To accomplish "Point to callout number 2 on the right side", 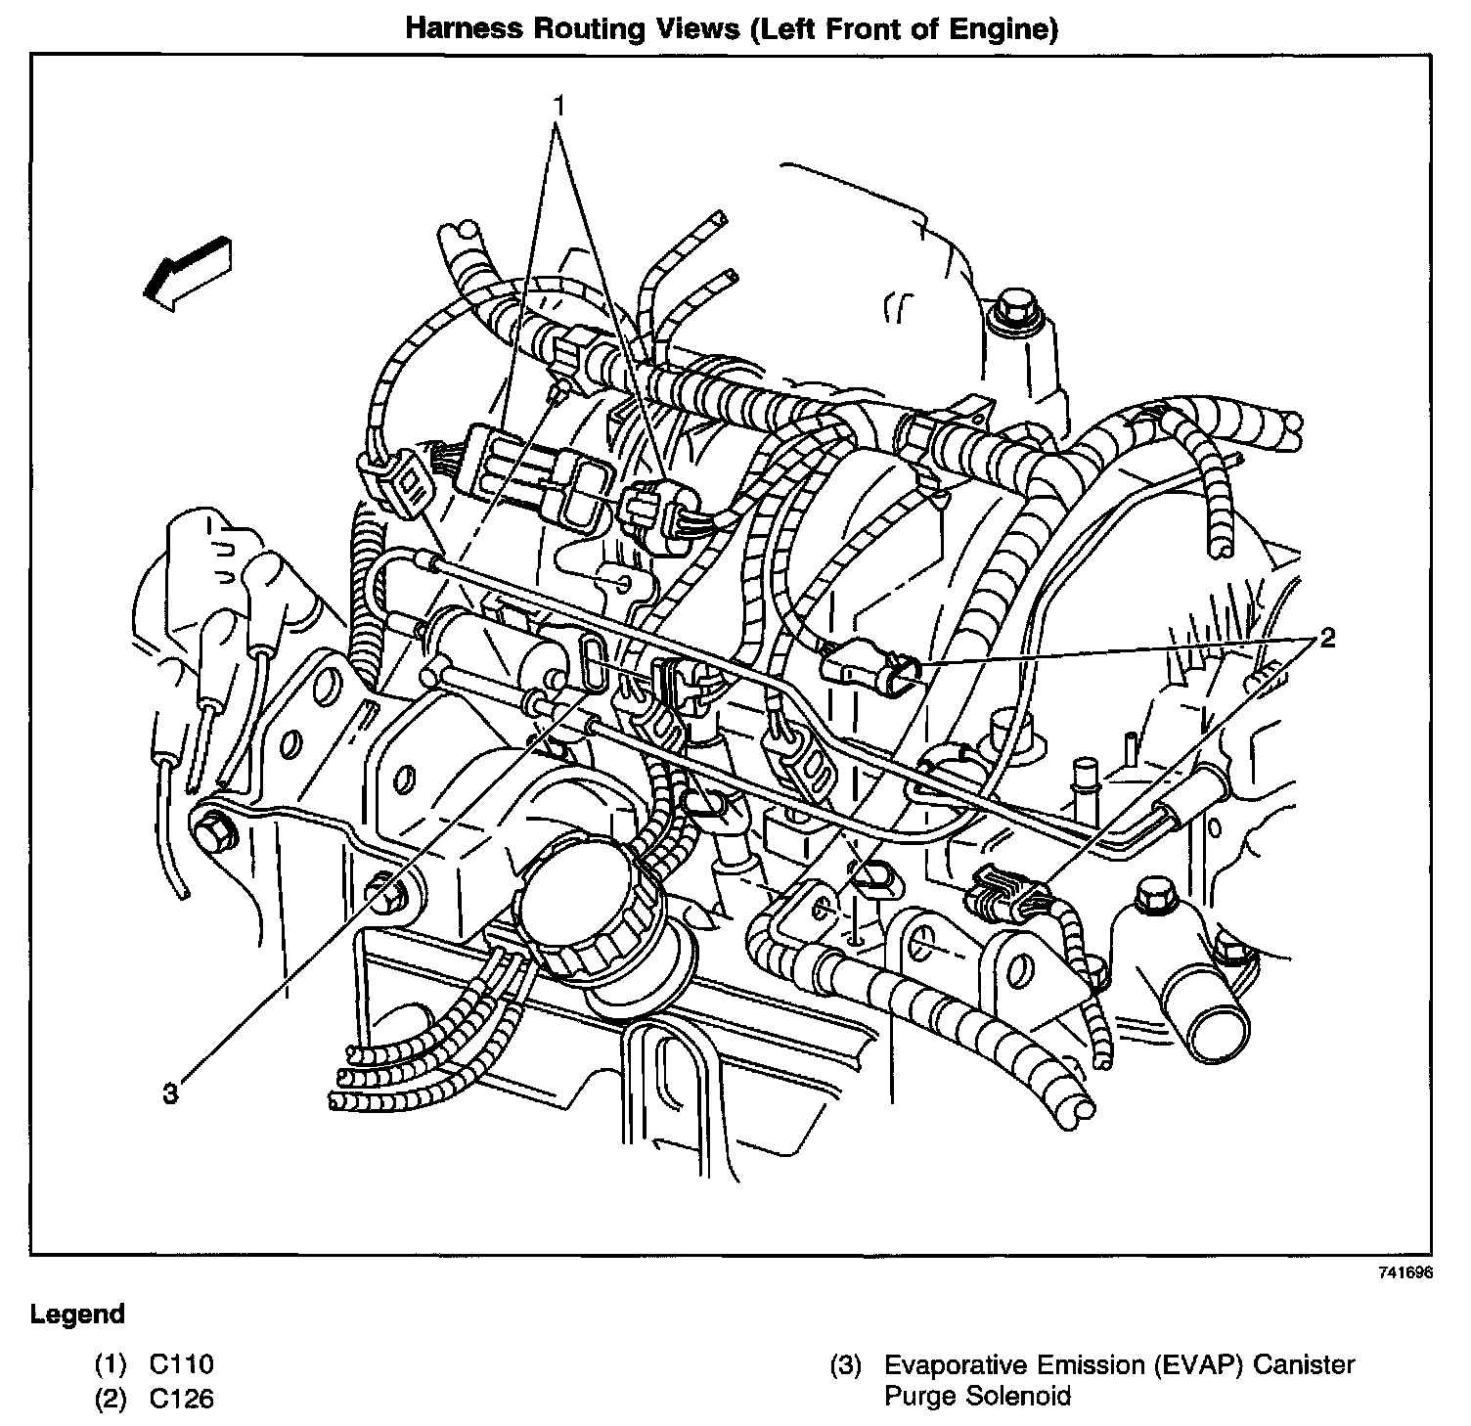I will [x=1326, y=639].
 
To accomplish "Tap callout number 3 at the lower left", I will [x=171, y=1093].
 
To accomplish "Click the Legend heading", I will [x=78, y=1314].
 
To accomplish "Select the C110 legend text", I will [x=181, y=1363].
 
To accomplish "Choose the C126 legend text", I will [x=181, y=1399].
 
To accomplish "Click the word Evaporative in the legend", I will [x=949, y=1363].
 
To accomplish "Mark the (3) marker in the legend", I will [x=844, y=1363].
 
